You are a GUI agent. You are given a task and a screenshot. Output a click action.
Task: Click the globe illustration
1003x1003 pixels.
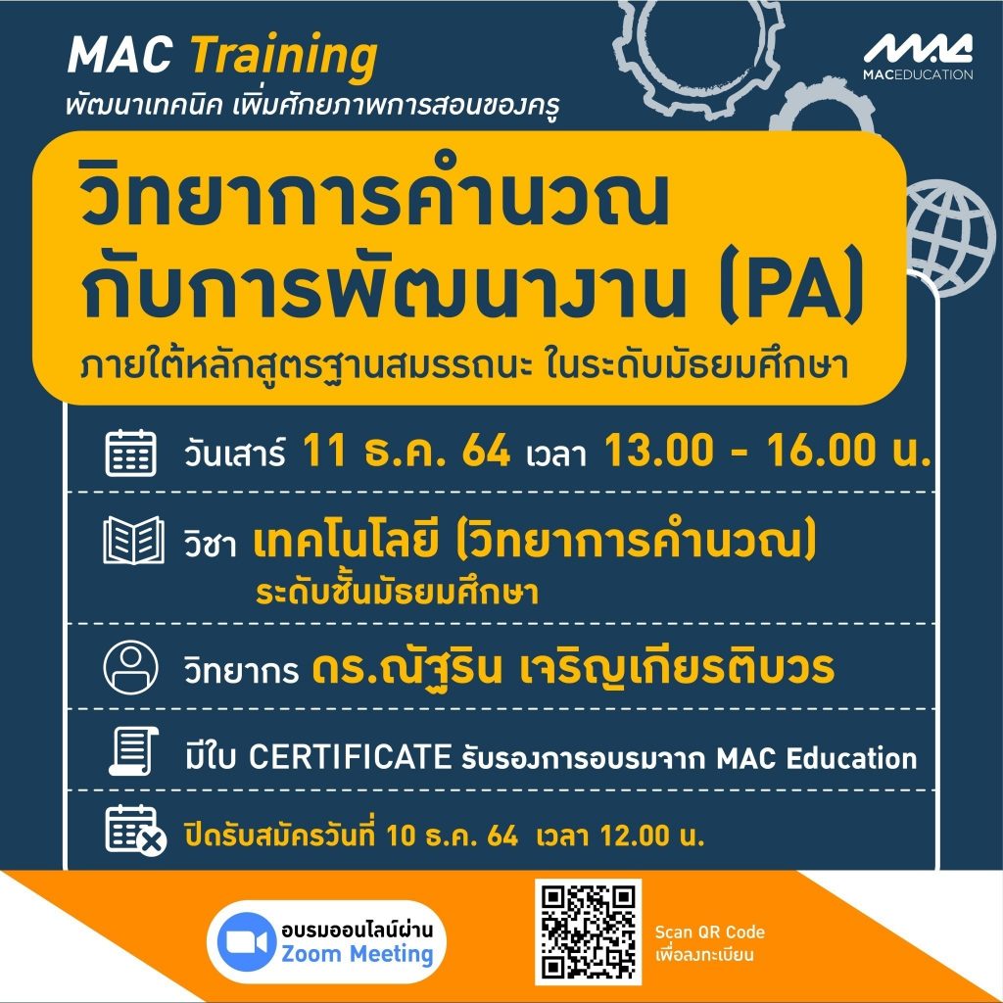(x=954, y=237)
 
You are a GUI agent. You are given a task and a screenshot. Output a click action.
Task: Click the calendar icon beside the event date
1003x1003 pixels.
(x=130, y=453)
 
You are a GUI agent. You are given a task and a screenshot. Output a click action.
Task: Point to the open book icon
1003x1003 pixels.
(x=133, y=541)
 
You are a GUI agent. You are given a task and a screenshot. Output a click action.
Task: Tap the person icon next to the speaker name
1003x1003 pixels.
(x=130, y=667)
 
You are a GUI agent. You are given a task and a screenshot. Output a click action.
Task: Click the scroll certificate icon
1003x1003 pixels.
(x=133, y=751)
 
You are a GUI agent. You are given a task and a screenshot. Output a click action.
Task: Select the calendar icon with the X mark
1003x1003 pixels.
(x=135, y=831)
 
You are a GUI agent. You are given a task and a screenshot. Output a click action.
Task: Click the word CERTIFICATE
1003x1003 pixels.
(x=350, y=757)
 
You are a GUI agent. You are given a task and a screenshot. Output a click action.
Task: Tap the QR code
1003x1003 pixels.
(x=588, y=932)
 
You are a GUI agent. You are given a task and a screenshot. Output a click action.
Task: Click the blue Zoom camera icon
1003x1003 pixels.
(x=243, y=941)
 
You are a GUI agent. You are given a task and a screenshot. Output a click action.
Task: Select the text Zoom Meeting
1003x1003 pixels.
(x=358, y=954)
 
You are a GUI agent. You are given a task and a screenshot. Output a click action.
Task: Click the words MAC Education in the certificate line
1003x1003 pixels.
(x=816, y=758)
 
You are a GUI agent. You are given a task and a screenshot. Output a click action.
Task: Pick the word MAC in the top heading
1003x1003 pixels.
(x=119, y=55)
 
